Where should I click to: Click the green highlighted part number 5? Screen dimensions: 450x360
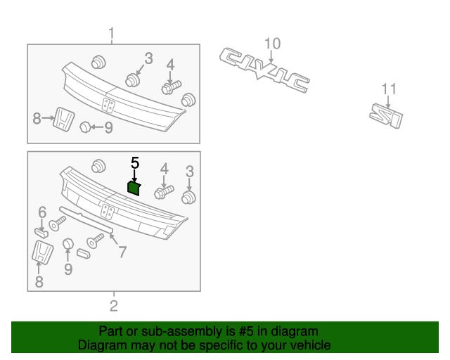click(x=134, y=188)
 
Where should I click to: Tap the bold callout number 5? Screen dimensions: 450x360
click(x=135, y=163)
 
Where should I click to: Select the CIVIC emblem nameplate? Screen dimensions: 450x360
click(x=264, y=70)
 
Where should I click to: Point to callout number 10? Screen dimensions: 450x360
click(x=272, y=44)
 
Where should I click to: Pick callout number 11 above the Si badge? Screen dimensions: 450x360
click(x=389, y=89)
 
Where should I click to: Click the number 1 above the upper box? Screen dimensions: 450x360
click(x=111, y=34)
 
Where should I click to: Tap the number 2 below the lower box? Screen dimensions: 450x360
click(x=114, y=306)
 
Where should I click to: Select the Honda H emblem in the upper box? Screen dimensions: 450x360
click(x=64, y=120)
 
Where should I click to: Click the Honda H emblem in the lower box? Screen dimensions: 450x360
click(x=42, y=252)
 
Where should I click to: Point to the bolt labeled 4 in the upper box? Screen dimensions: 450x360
click(x=171, y=87)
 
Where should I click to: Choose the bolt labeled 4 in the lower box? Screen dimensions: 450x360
click(x=164, y=192)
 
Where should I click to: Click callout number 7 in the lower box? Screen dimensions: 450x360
click(x=122, y=252)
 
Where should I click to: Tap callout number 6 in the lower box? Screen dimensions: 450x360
click(x=42, y=212)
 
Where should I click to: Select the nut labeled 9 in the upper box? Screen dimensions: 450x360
click(x=85, y=127)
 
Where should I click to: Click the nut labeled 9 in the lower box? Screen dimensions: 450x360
click(x=68, y=244)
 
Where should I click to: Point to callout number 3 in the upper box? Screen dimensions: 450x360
click(x=148, y=58)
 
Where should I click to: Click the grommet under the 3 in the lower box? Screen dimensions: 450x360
click(x=189, y=197)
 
